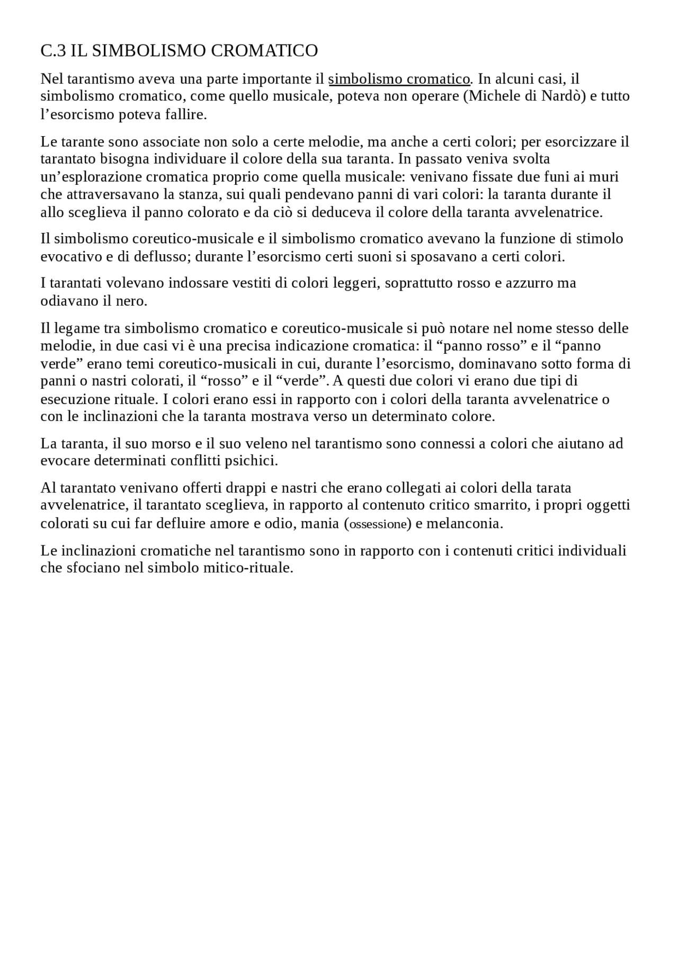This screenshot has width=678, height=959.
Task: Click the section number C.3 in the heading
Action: tap(53, 51)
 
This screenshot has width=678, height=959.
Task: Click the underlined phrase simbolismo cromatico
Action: tap(399, 79)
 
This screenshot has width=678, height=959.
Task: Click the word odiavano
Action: tap(69, 301)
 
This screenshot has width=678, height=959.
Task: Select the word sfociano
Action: tap(92, 568)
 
